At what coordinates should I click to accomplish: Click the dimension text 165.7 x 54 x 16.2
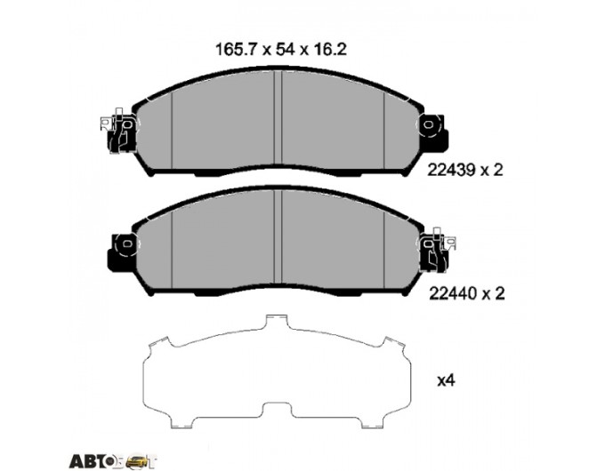pyautogui.click(x=281, y=50)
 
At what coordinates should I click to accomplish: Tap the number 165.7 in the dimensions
pyautogui.click(x=236, y=50)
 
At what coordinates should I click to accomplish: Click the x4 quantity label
pyautogui.click(x=446, y=381)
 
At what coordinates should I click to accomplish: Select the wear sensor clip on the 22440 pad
pyautogui.click(x=438, y=250)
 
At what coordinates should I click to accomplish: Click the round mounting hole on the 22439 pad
pyautogui.click(x=428, y=124)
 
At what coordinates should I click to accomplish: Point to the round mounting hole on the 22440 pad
pyautogui.click(x=127, y=244)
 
